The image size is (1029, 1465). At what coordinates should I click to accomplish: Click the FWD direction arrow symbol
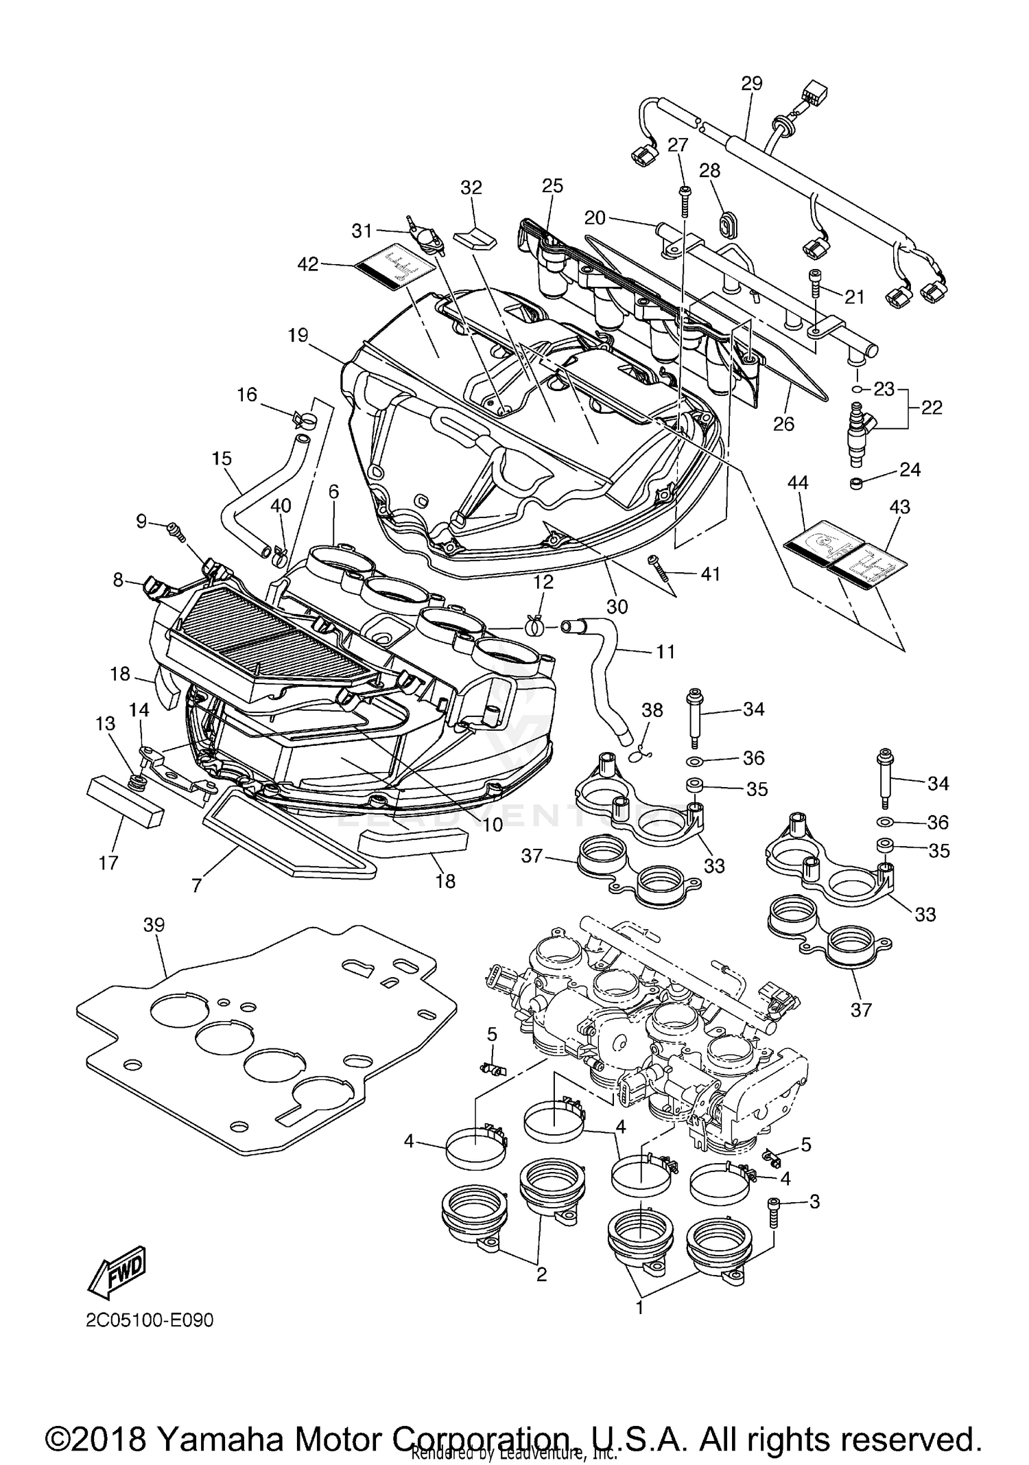tap(117, 1271)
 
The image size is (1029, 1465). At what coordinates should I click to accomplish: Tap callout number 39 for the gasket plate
tap(154, 925)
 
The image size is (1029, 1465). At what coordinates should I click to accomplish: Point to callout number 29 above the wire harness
tap(752, 84)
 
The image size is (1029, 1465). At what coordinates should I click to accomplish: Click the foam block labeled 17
tap(125, 803)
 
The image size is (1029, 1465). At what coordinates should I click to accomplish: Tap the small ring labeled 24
tap(855, 484)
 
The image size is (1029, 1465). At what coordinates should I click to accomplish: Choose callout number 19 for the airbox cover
tap(298, 335)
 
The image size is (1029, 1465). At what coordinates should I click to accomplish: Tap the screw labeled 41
tap(659, 567)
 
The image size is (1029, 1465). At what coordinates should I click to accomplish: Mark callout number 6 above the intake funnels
tap(333, 491)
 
